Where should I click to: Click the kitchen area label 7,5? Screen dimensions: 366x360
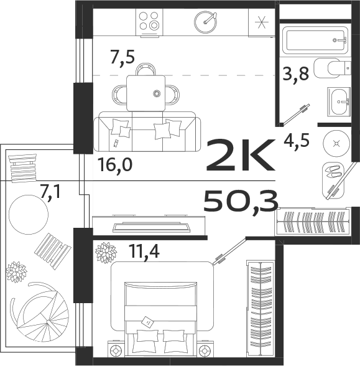coord(122,57)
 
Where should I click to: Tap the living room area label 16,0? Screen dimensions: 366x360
coord(115,165)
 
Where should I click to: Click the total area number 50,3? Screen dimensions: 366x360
coord(240,200)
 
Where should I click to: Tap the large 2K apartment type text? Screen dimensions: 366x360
coord(239,157)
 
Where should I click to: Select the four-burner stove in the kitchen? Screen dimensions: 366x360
coord(149,22)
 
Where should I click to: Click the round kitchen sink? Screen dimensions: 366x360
coord(205,22)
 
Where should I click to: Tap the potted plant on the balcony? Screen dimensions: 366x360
coord(16,272)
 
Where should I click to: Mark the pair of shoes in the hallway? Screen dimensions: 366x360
coord(334,170)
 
